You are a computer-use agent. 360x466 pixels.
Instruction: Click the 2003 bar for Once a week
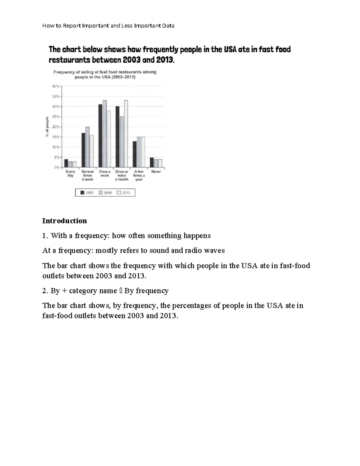[100, 136]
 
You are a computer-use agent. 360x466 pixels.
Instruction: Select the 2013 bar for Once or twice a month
[126, 134]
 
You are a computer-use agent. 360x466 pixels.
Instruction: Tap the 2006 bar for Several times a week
[87, 147]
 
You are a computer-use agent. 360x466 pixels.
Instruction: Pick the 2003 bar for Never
[152, 162]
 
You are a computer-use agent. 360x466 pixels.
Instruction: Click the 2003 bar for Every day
[66, 163]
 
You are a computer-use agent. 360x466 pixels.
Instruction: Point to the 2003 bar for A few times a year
[135, 154]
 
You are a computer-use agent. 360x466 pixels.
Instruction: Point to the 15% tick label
[56, 137]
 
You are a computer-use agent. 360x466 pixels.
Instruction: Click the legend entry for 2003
[87, 193]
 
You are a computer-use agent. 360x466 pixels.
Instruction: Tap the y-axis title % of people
[47, 127]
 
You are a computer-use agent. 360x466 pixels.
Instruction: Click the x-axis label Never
[156, 172]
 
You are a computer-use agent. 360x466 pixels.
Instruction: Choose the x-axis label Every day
[70, 173]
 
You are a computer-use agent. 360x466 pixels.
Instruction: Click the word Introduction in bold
[64, 221]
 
